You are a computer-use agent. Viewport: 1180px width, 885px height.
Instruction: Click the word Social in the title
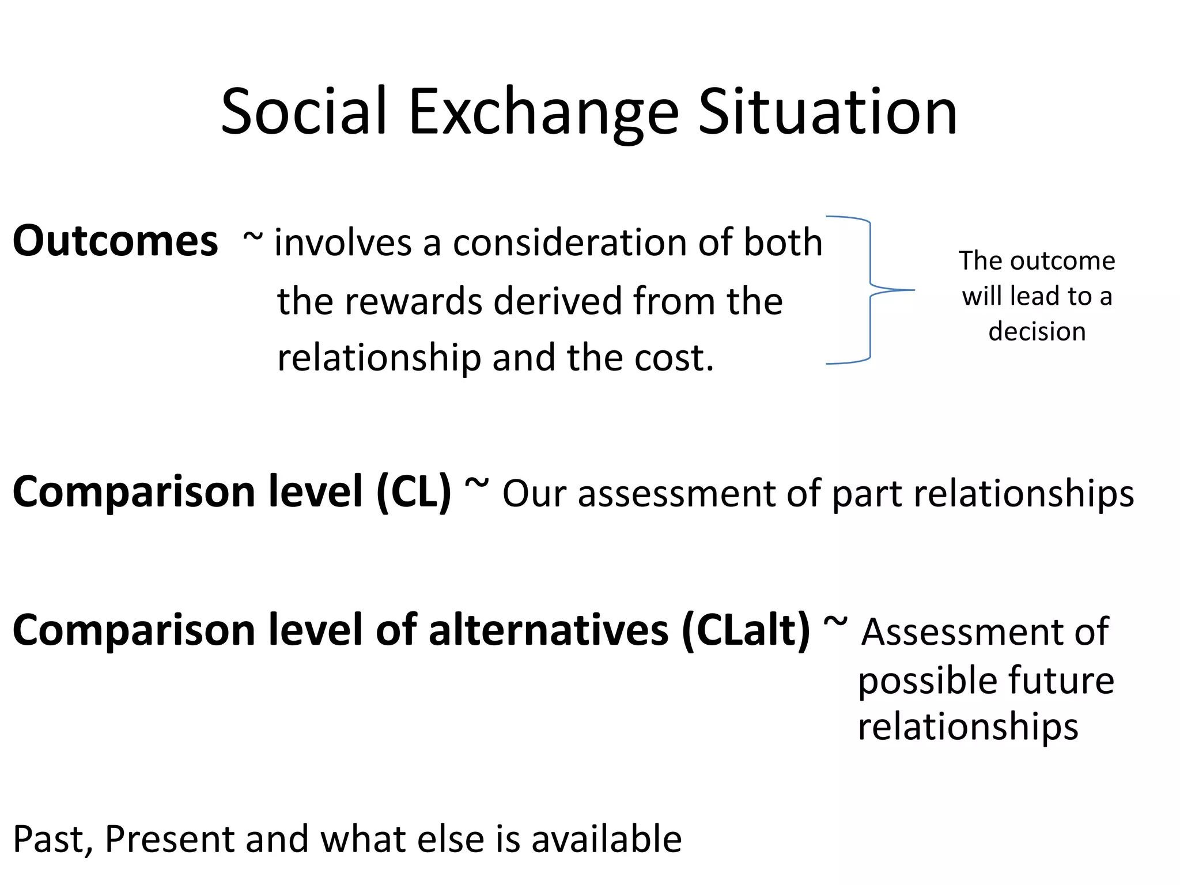tap(304, 112)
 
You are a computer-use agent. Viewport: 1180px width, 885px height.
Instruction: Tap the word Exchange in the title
tap(543, 112)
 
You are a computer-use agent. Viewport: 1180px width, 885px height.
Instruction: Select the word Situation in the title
tap(828, 112)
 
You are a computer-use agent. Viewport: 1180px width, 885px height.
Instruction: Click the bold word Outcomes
tap(115, 241)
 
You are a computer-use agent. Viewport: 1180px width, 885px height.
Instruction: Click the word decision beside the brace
tap(1037, 331)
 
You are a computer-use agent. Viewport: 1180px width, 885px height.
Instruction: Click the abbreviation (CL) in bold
tap(414, 492)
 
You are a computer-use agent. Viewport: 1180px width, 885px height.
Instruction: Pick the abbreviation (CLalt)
tap(746, 630)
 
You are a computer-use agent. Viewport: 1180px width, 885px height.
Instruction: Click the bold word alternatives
tap(548, 630)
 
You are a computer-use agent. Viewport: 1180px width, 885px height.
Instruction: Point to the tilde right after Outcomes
tap(252, 236)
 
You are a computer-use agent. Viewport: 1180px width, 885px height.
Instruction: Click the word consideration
tap(569, 242)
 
